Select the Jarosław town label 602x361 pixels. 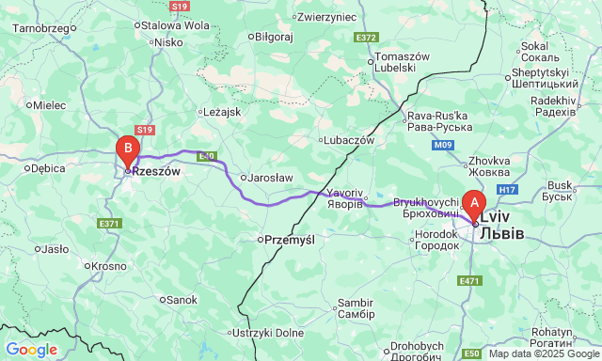pyautogui.click(x=271, y=177)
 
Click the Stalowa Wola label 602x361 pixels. pyautogui.click(x=174, y=25)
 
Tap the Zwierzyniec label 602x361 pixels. pyautogui.click(x=326, y=17)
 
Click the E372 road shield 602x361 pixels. pyautogui.click(x=366, y=38)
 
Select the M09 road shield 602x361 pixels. pyautogui.click(x=443, y=146)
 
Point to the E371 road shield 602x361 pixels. pyautogui.click(x=110, y=223)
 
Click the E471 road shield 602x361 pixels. pyautogui.click(x=469, y=281)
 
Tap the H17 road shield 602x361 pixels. pyautogui.click(x=508, y=190)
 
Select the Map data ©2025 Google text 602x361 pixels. pyautogui.click(x=544, y=353)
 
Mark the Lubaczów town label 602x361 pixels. pyautogui.click(x=350, y=140)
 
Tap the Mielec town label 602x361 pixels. pyautogui.click(x=49, y=105)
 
